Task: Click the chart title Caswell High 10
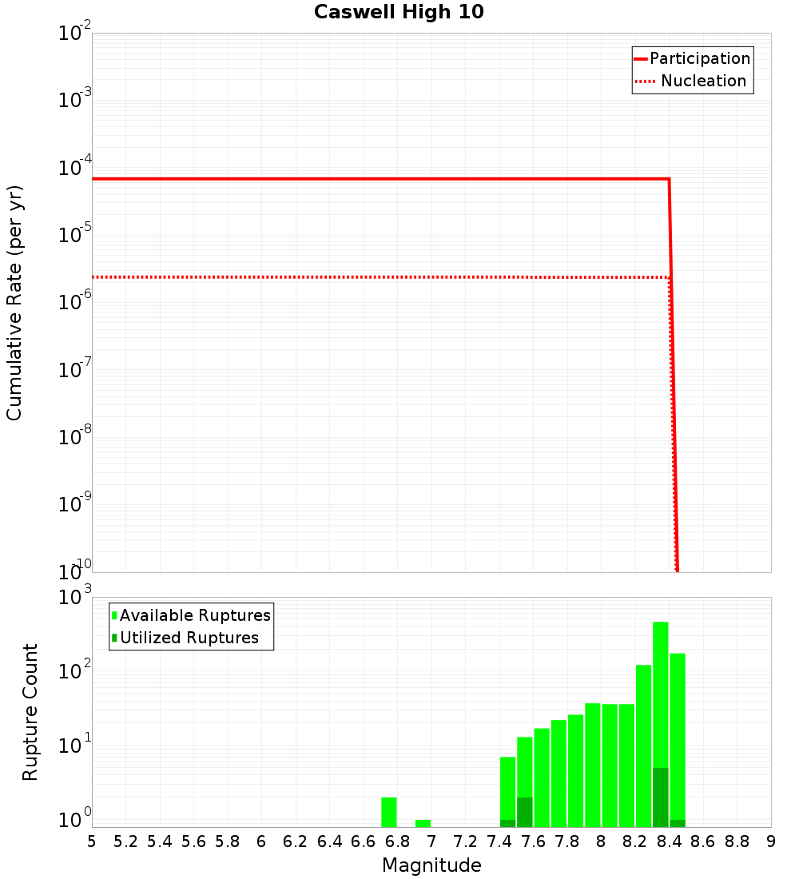[x=399, y=12]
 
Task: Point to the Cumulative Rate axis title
[x=15, y=303]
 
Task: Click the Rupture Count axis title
[x=30, y=712]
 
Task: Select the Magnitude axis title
[x=431, y=865]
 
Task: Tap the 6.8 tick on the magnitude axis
[x=397, y=841]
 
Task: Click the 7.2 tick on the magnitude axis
[x=465, y=841]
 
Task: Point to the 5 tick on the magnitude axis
[x=92, y=841]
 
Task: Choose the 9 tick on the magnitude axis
[x=771, y=841]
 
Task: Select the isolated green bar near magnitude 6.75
[x=389, y=812]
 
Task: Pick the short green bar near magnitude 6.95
[x=423, y=823]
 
